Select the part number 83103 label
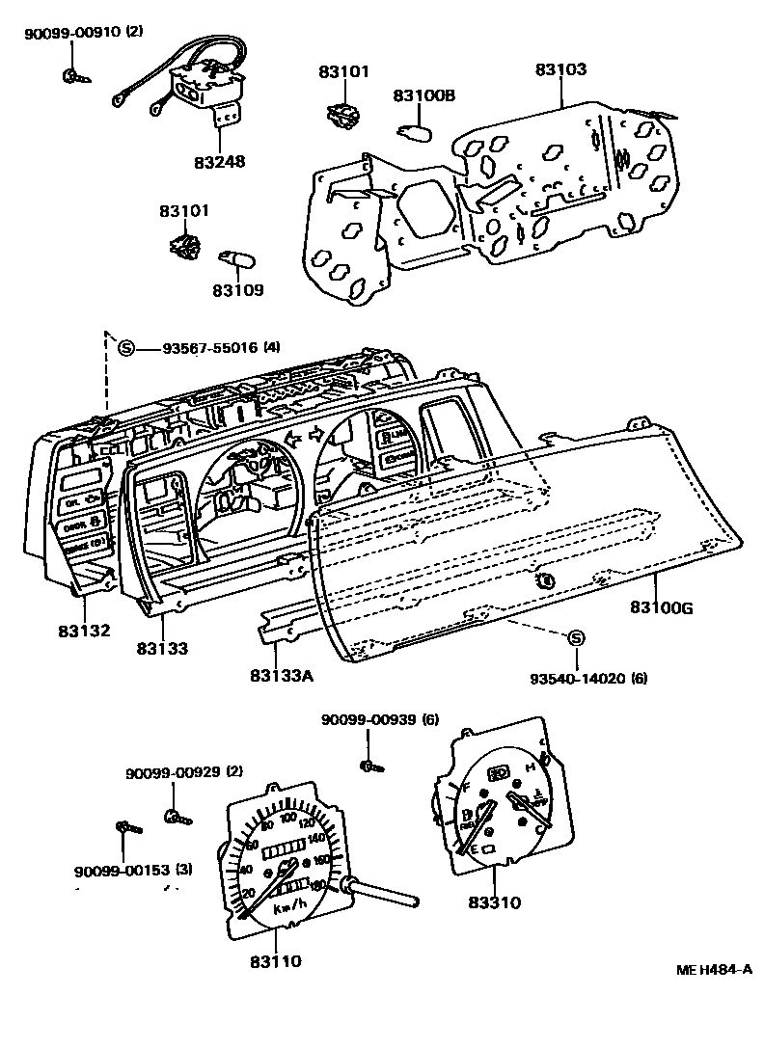pos(560,70)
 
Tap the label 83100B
pos(423,95)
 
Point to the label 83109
pos(237,289)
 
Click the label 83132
pos(82,632)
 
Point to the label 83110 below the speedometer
pos(276,961)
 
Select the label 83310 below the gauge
pos(494,903)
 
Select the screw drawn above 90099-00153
pos(127,827)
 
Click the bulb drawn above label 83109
pos(236,259)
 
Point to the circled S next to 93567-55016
pos(124,348)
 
